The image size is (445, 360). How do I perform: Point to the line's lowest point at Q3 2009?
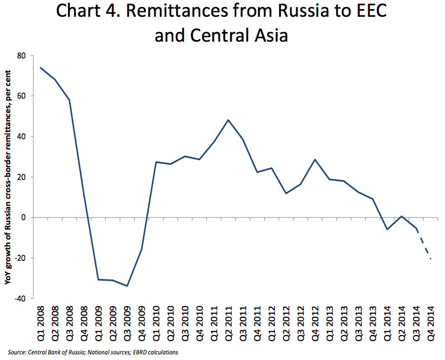point(127,286)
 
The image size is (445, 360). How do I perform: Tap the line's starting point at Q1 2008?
point(41,68)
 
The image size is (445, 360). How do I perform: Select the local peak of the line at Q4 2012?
point(315,160)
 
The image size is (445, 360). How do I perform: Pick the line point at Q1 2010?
point(156,162)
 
